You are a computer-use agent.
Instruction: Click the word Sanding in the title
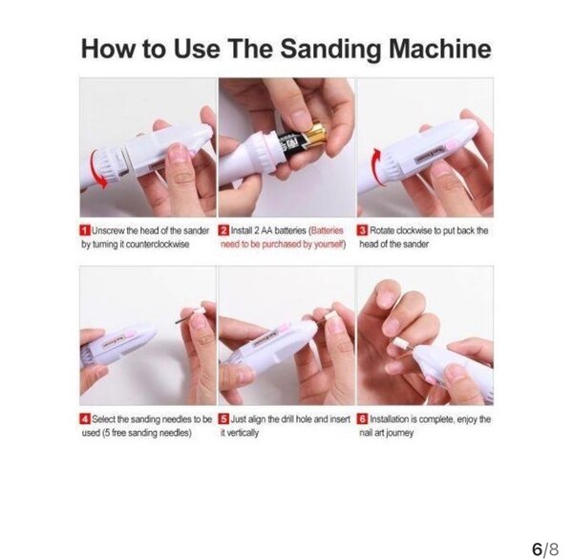(x=330, y=49)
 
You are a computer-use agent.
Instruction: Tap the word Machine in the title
(x=440, y=49)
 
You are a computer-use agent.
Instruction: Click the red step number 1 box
(x=85, y=230)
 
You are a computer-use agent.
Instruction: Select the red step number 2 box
(x=223, y=230)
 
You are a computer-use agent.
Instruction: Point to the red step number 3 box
(x=363, y=230)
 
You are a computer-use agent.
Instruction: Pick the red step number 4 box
(x=85, y=419)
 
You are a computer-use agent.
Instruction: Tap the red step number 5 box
(x=223, y=419)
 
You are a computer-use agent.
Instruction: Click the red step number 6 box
(x=363, y=419)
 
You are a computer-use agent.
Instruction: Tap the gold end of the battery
(x=315, y=136)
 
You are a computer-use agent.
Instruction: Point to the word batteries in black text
(x=289, y=230)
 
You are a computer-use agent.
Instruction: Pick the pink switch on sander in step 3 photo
(x=451, y=145)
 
